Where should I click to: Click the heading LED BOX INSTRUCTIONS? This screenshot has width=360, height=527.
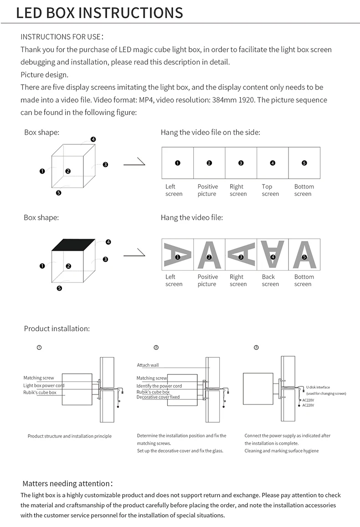99,12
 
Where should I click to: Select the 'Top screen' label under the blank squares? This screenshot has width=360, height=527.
270,190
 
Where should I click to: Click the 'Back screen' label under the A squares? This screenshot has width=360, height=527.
270,280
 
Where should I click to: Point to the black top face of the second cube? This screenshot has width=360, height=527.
74,245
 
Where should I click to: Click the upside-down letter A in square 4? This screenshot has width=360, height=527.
273,253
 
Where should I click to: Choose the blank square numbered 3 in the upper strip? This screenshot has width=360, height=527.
241,163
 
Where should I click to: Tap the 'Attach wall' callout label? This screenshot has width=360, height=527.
148,365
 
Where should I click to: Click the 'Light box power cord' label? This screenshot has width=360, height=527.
44,385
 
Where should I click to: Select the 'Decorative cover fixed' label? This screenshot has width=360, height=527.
158,397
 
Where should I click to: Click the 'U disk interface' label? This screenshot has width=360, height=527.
318,387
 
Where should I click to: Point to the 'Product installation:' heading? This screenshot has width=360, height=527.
57,328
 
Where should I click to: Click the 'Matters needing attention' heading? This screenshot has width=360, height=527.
66,483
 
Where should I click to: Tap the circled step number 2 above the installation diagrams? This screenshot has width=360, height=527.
156,347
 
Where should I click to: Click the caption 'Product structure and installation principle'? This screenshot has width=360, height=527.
70,436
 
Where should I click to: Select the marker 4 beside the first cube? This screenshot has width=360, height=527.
93,139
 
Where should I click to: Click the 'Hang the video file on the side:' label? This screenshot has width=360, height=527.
210,133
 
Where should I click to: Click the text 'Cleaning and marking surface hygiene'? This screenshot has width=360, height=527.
282,451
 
